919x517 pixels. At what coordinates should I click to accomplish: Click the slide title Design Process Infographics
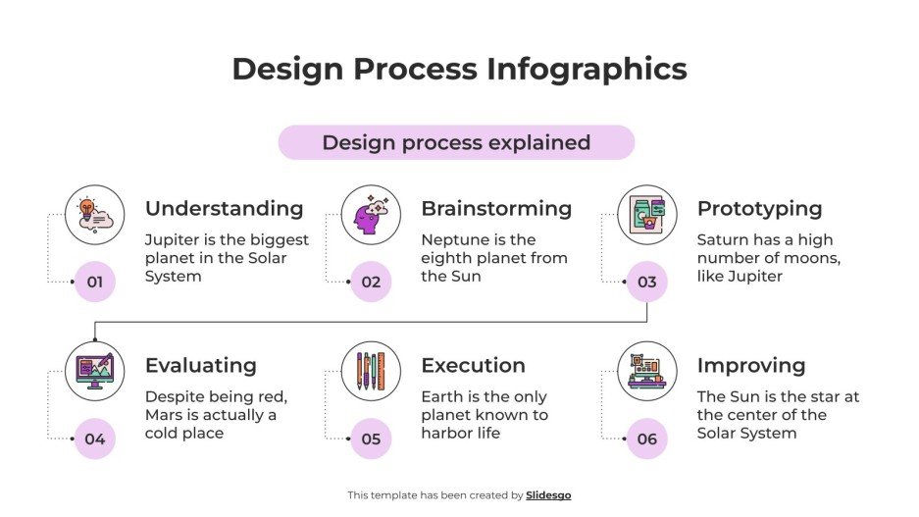click(459, 70)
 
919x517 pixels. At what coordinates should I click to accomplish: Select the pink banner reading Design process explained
click(456, 142)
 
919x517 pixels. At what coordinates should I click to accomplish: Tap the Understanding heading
click(224, 208)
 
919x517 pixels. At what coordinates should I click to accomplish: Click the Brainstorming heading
click(496, 208)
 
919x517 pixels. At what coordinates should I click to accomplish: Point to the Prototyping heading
click(759, 208)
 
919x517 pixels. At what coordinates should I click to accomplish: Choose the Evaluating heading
click(200, 365)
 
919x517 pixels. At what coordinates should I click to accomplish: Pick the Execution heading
click(473, 365)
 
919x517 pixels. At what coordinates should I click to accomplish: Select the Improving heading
click(750, 365)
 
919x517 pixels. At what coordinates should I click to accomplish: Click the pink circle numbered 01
click(95, 283)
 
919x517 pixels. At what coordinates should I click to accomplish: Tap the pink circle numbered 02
click(371, 283)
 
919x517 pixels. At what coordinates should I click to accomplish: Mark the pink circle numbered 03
click(647, 283)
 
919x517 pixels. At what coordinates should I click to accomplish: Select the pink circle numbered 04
click(95, 439)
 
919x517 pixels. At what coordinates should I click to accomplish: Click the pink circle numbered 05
click(371, 439)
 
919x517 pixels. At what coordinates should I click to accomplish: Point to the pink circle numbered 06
click(647, 439)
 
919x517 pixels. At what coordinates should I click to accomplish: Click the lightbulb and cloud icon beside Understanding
click(95, 215)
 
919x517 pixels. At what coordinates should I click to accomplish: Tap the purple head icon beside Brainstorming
click(371, 215)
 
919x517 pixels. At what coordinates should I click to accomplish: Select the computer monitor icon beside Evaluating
click(95, 371)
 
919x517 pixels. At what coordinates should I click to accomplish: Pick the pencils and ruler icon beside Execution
click(371, 371)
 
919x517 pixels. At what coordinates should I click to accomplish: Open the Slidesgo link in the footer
click(548, 495)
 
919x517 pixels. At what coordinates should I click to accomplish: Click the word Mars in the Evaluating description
click(164, 415)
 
